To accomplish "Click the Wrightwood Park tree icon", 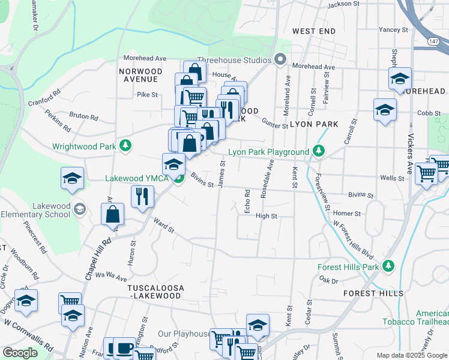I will (125, 145).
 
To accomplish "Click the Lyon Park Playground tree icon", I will (321, 152).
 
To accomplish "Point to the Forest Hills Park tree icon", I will (388, 265).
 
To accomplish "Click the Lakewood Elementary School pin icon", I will (80, 209).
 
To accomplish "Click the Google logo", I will (20, 353).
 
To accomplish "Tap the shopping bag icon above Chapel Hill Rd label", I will (112, 214).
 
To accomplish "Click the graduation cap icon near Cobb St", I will (385, 110).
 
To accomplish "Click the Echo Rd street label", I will (247, 200).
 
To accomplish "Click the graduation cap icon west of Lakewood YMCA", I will (72, 178).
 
